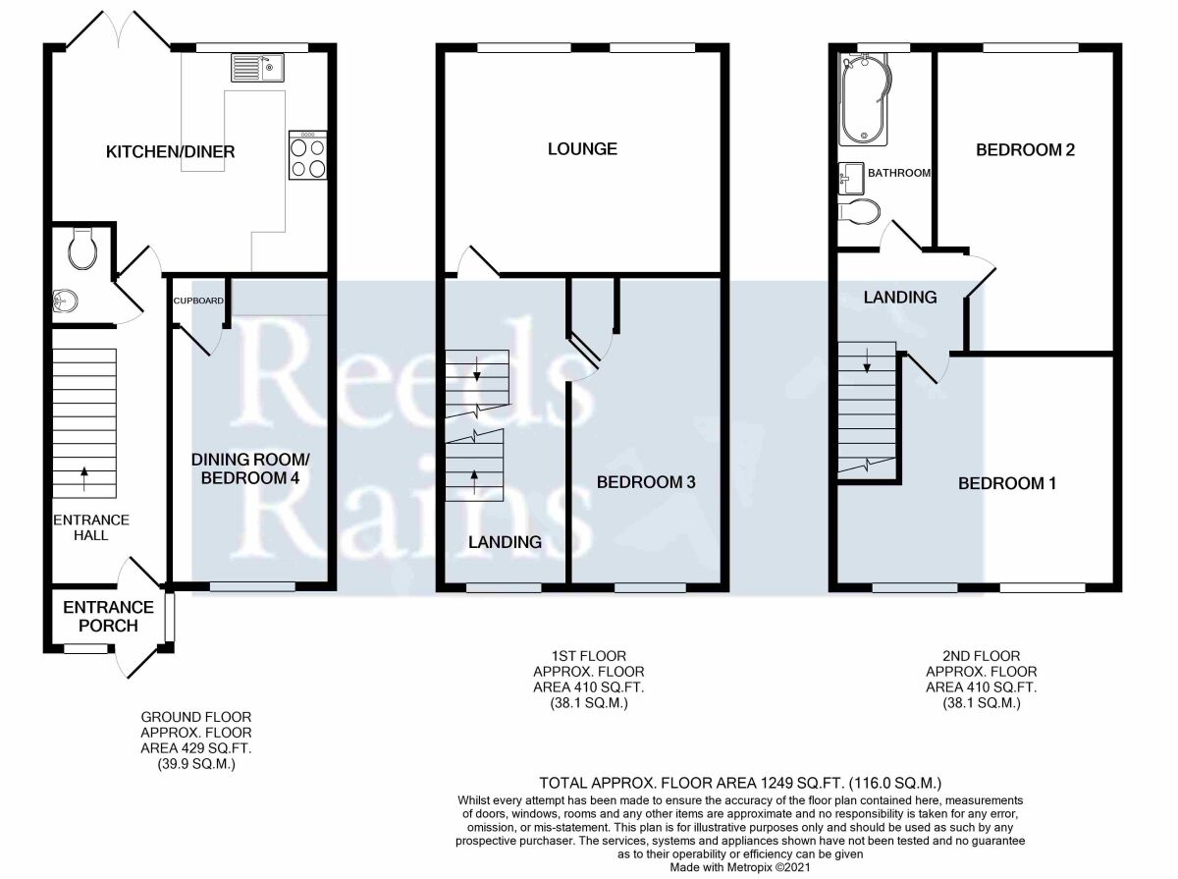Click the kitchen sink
click(x=257, y=68)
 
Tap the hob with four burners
click(x=307, y=155)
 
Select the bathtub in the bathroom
click(x=864, y=102)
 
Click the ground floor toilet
click(x=82, y=248)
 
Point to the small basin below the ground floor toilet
click(x=65, y=301)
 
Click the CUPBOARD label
click(x=198, y=301)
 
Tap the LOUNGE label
click(x=582, y=148)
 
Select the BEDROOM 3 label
click(x=646, y=482)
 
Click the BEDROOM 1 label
click(x=1007, y=483)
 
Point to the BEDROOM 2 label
click(x=1025, y=150)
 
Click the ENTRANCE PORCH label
click(x=108, y=617)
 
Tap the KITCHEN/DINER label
click(x=170, y=152)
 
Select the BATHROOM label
click(x=899, y=173)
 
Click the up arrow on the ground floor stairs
click(x=84, y=479)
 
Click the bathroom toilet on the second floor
click(x=859, y=211)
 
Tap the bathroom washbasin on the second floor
click(x=851, y=179)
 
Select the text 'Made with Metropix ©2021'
click(x=740, y=867)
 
